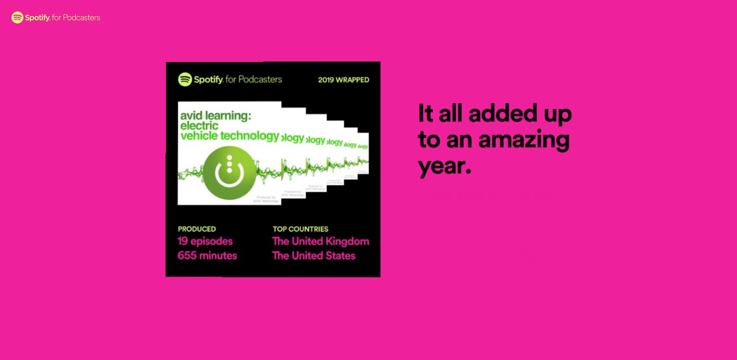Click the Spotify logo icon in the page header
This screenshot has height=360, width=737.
pyautogui.click(x=17, y=18)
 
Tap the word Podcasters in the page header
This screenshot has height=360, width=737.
pyautogui.click(x=81, y=18)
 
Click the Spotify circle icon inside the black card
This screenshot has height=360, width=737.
pyautogui.click(x=185, y=79)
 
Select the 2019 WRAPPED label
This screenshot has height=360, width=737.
pyautogui.click(x=343, y=80)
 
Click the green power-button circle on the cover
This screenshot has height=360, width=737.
pyautogui.click(x=228, y=173)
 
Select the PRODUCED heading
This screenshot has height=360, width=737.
pyautogui.click(x=197, y=229)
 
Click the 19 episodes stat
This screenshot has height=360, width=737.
pyautogui.click(x=205, y=241)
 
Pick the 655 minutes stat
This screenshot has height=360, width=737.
pyautogui.click(x=207, y=256)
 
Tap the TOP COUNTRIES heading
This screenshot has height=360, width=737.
pyautogui.click(x=300, y=229)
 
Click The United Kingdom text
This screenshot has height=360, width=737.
pyautogui.click(x=321, y=241)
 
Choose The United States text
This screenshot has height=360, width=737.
pyautogui.click(x=314, y=256)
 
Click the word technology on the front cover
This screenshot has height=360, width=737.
pyautogui.click(x=249, y=136)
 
